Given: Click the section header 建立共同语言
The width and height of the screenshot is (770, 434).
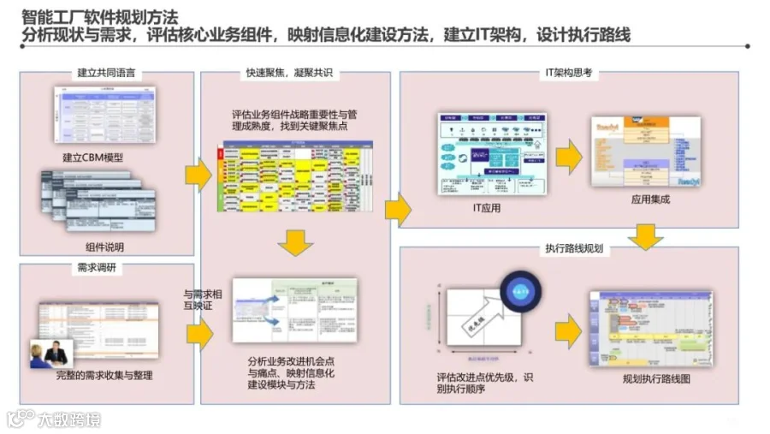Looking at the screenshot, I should coord(106,74).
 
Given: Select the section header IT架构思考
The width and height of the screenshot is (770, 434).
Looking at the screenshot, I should coord(568,74).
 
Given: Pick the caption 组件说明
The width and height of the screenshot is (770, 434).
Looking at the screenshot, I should coord(104,247).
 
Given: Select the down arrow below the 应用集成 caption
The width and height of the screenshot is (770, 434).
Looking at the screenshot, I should coord(645,236).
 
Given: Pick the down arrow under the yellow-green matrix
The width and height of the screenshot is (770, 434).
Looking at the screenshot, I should coord(295,243).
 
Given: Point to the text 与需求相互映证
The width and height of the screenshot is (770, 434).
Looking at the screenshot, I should coord(204,300).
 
